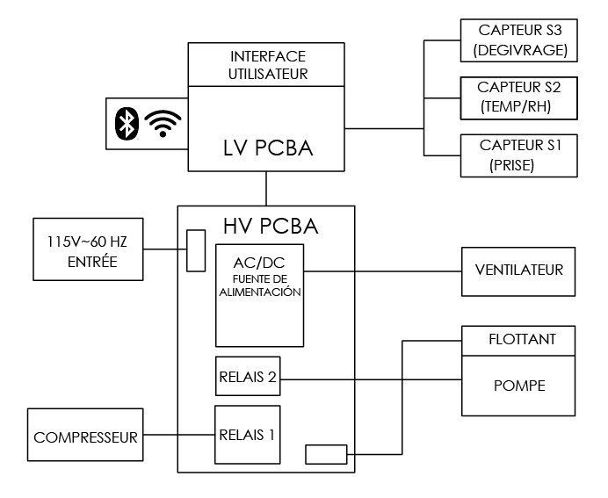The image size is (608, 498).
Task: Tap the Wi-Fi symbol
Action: (x=162, y=124)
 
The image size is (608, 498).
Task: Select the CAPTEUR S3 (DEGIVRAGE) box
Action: (x=518, y=41)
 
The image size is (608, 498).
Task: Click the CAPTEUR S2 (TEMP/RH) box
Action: (x=518, y=97)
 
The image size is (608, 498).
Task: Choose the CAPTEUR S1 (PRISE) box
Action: (x=518, y=155)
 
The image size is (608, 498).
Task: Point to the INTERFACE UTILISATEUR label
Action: (x=268, y=64)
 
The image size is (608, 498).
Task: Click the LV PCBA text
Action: (x=268, y=149)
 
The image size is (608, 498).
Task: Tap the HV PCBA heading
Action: (x=267, y=225)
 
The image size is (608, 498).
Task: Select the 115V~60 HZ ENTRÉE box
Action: (x=87, y=249)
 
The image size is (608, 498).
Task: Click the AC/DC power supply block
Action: (x=260, y=295)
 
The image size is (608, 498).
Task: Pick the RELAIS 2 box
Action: (x=247, y=379)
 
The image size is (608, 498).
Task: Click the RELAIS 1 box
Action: (x=247, y=434)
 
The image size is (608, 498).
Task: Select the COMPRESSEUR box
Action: (x=85, y=435)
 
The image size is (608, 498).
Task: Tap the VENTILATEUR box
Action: (x=518, y=271)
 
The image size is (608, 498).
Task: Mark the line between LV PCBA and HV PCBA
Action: (x=266, y=189)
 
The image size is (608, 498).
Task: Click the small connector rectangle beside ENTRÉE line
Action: (x=196, y=250)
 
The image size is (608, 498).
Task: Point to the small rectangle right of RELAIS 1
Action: (x=326, y=454)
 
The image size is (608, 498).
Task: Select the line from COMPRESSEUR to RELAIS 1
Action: (x=179, y=435)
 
